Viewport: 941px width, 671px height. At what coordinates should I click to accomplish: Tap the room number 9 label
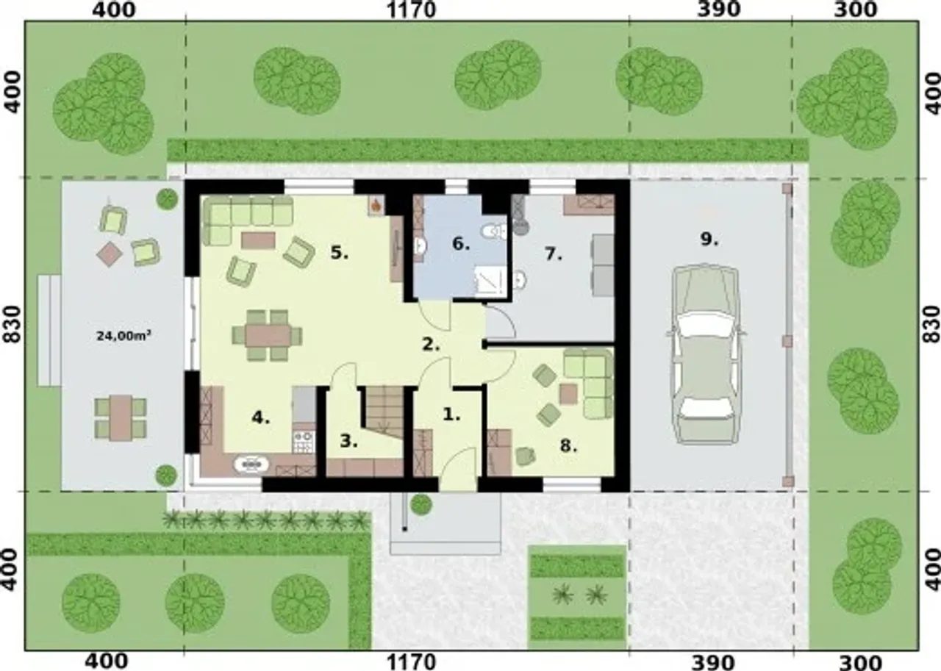coord(709,240)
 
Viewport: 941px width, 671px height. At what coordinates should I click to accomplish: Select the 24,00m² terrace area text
coord(124,335)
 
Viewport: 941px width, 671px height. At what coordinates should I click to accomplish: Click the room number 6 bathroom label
coord(461,243)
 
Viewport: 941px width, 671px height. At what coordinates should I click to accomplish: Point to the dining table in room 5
coord(268,335)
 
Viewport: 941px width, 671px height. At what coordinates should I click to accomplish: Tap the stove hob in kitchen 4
coord(304,442)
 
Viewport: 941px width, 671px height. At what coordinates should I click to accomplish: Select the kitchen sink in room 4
coord(251,464)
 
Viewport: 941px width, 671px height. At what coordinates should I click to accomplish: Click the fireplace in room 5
coord(376,207)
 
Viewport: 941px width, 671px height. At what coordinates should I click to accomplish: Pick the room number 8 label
coord(569,446)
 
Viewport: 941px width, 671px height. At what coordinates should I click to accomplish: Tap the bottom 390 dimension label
coord(713,663)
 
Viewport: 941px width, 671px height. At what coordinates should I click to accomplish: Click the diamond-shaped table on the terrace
coord(110,254)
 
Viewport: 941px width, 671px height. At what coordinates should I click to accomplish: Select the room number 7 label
coord(554,254)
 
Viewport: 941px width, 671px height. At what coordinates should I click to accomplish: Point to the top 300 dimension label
coord(855,10)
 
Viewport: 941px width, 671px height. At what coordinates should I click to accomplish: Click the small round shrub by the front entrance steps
coord(421,504)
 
